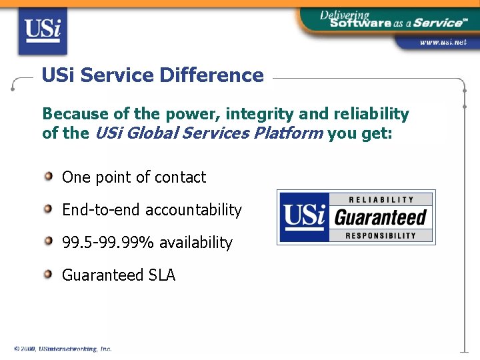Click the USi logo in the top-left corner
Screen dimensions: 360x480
43,32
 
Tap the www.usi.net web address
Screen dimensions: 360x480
443,42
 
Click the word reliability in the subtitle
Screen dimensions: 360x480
371,114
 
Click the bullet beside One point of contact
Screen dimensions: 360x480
49,177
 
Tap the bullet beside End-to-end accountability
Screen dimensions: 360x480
49,209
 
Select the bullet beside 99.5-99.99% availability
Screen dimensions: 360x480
49,241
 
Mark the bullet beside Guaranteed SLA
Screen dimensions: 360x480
49,274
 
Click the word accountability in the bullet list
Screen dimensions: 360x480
193,210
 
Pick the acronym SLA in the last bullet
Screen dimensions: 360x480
162,275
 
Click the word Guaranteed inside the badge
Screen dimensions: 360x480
381,217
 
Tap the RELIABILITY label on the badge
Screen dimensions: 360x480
381,199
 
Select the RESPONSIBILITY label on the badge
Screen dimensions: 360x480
381,235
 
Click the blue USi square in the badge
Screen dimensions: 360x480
304,217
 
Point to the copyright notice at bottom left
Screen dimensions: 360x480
63,349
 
